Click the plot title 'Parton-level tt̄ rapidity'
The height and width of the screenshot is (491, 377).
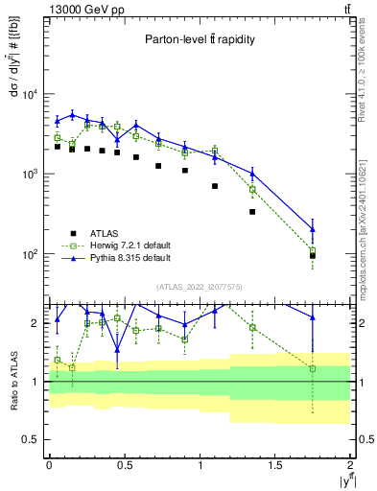click(x=199, y=39)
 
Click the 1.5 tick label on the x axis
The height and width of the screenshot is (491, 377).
click(x=275, y=464)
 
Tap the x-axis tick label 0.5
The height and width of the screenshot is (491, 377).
click(x=124, y=464)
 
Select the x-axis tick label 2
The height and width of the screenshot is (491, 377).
click(x=351, y=464)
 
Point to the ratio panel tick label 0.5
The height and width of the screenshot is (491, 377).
click(x=34, y=439)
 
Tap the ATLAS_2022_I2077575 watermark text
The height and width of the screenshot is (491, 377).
click(x=199, y=286)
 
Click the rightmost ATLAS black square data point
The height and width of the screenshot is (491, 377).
click(x=313, y=256)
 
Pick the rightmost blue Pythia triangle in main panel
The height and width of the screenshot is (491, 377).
click(x=313, y=228)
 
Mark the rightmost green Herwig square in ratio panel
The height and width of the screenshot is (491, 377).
click(x=313, y=368)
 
